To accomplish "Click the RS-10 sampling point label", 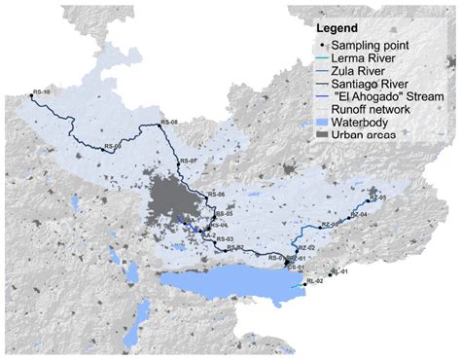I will point(41,92).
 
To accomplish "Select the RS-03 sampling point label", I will point(225,238).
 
